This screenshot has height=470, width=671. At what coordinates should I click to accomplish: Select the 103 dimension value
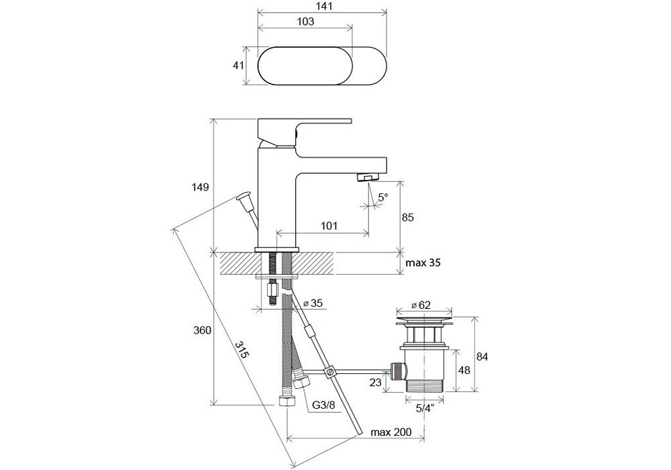click(305, 21)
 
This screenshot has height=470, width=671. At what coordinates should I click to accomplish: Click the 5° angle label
click(382, 198)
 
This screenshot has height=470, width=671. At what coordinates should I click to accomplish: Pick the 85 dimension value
click(407, 218)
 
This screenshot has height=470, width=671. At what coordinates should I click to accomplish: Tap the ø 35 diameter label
click(312, 303)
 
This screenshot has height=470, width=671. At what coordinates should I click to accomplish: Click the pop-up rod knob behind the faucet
click(243, 199)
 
